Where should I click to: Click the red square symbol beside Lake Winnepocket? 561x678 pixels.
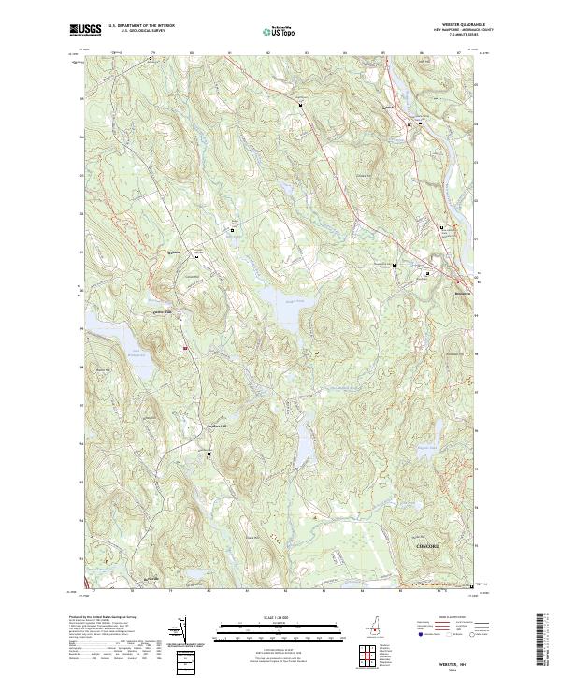(185, 349)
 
